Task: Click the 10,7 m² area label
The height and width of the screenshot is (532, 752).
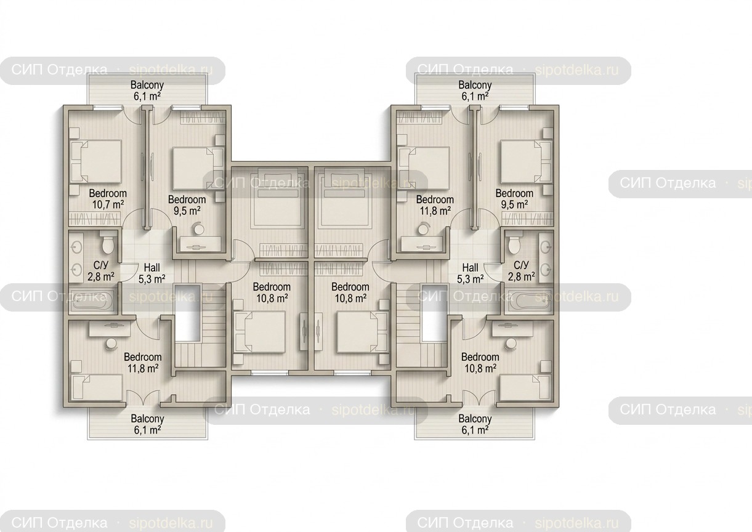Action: click(x=108, y=204)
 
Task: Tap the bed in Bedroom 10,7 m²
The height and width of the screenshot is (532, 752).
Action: click(x=95, y=162)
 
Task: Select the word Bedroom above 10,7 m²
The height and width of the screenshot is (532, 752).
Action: click(x=108, y=193)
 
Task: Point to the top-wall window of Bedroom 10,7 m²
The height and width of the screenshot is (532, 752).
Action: click(x=107, y=107)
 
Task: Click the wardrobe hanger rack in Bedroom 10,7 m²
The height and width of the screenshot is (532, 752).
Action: click(x=94, y=219)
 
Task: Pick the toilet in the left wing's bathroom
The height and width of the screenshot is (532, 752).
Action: click(x=108, y=244)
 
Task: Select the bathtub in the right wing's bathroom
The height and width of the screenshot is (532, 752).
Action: click(x=528, y=302)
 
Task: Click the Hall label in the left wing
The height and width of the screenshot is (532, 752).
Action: click(x=152, y=268)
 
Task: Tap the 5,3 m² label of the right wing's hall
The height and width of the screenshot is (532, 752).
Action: click(x=471, y=279)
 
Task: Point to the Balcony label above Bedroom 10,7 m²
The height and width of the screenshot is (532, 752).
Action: click(x=147, y=84)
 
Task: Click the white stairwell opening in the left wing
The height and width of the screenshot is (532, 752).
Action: click(x=188, y=312)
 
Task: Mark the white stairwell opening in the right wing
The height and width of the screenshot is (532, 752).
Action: click(x=435, y=312)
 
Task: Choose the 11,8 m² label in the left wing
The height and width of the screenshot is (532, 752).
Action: click(x=143, y=369)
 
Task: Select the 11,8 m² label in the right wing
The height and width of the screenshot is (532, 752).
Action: click(x=435, y=211)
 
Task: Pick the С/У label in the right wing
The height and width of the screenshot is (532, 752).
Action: click(x=522, y=265)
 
